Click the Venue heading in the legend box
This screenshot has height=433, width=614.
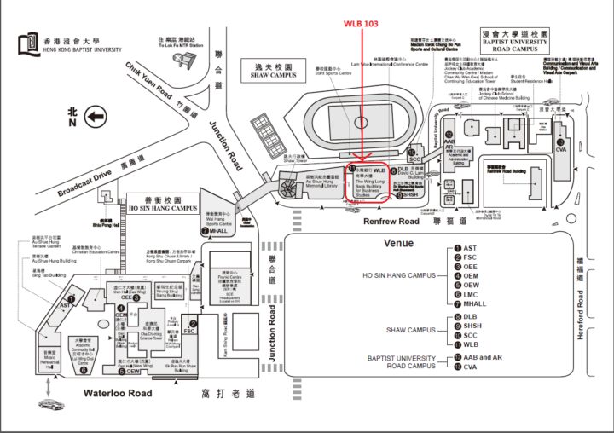tap(398, 243)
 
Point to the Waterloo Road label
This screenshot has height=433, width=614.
tap(117, 393)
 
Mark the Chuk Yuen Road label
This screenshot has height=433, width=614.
tap(150, 81)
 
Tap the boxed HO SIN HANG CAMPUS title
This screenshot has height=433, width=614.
tap(161, 204)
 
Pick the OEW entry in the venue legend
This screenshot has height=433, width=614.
tap(470, 285)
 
